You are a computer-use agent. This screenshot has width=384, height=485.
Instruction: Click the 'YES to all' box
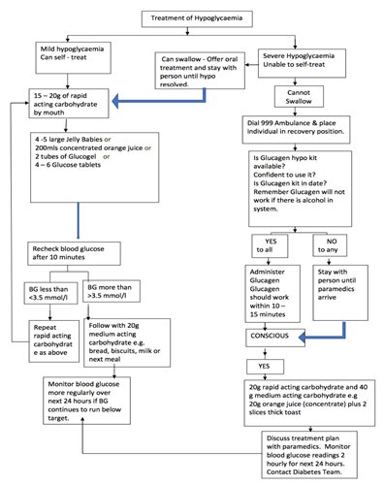(x=271, y=245)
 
